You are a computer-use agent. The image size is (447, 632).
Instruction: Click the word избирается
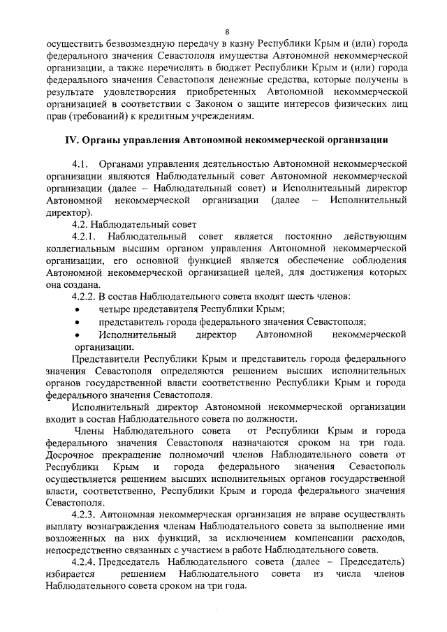click(70, 574)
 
